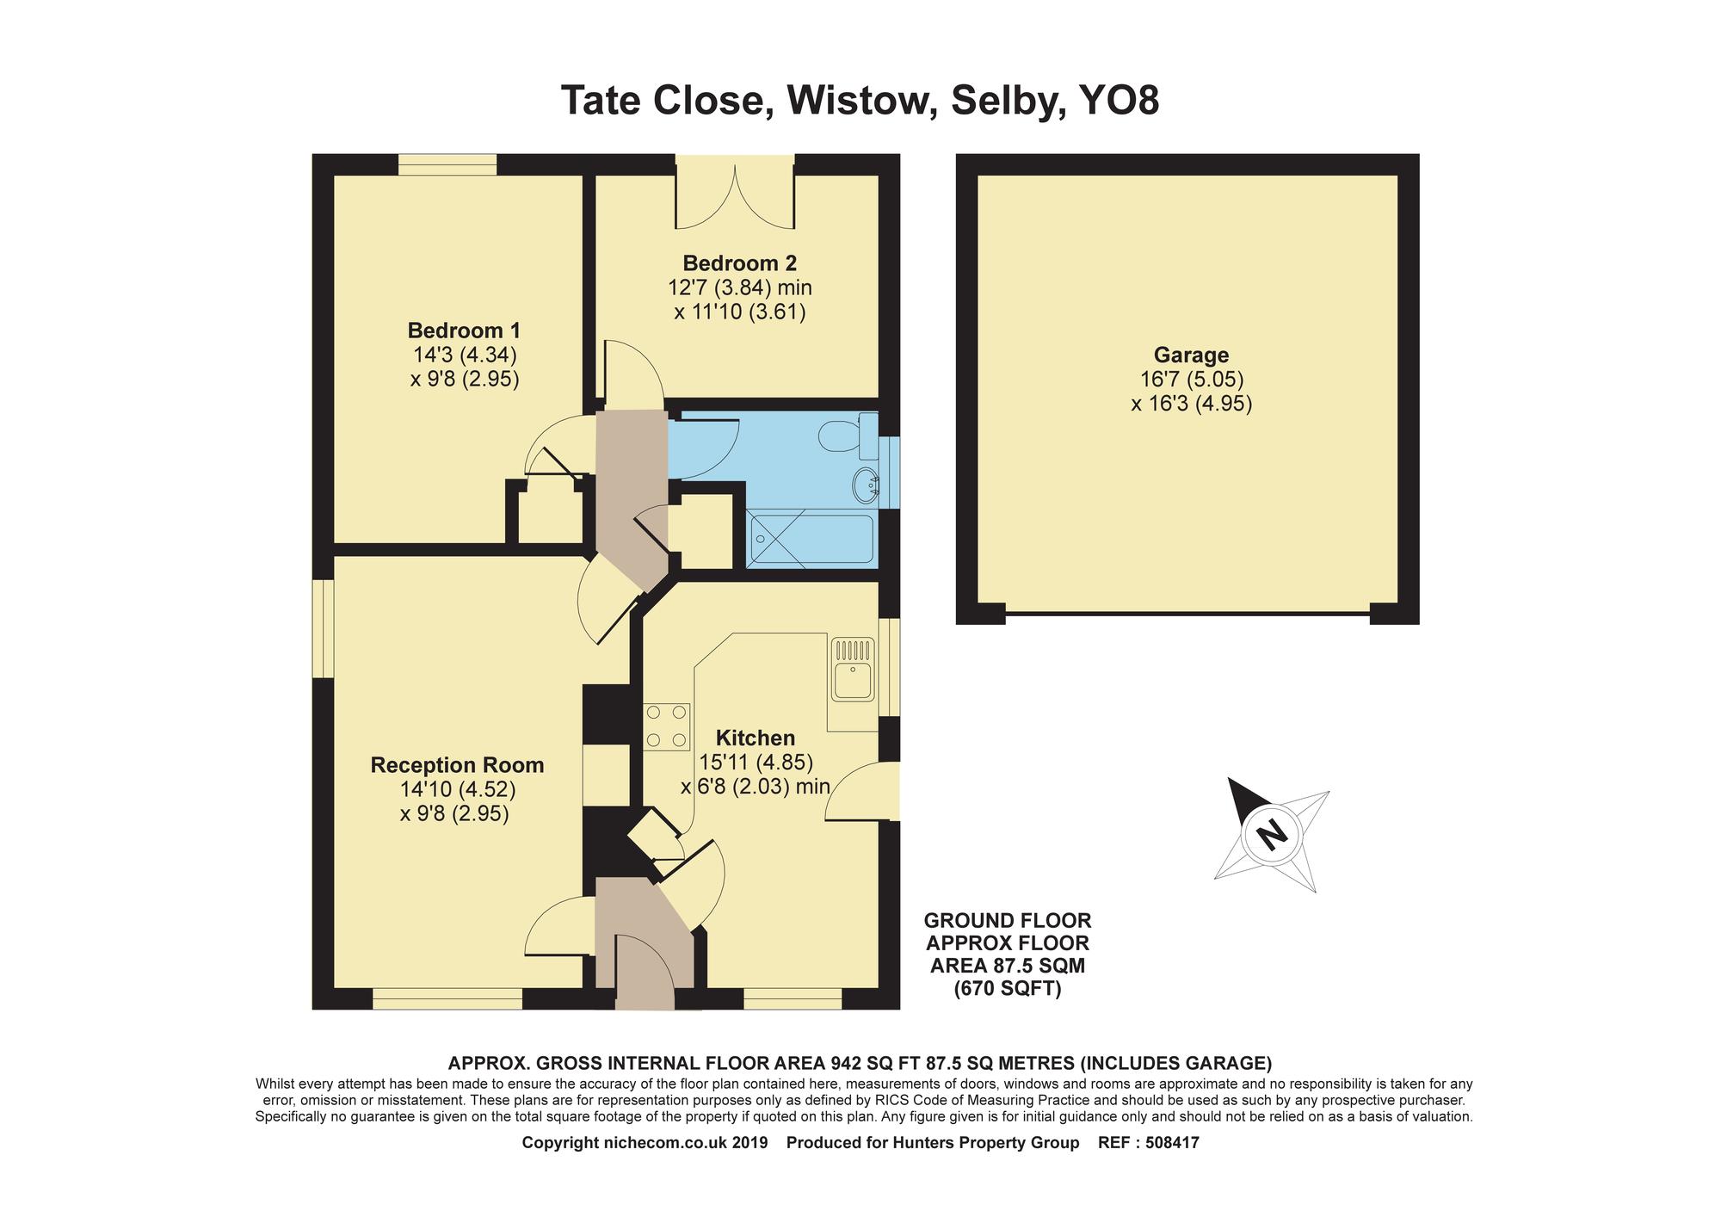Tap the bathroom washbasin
865,486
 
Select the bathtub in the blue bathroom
811,540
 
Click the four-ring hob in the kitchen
667,726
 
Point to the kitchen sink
853,669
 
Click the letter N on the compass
1270,834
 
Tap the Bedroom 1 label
464,331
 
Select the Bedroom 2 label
740,263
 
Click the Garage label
1191,355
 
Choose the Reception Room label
457,765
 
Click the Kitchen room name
756,738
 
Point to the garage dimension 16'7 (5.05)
1192,379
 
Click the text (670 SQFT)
1007,990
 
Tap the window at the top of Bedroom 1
447,164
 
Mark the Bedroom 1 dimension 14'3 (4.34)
465,355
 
